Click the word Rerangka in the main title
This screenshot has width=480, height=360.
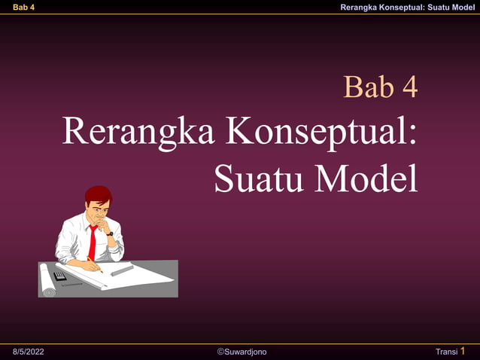click(140, 132)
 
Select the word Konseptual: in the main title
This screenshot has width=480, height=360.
click(322, 132)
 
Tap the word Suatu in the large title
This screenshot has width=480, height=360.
click(260, 178)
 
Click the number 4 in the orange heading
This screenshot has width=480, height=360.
click(409, 87)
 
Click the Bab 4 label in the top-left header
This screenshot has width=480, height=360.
click(23, 7)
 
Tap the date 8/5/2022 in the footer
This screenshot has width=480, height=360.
click(29, 352)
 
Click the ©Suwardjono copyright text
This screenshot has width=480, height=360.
click(242, 352)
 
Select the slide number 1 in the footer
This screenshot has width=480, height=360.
click(463, 351)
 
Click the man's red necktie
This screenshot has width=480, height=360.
click(93, 242)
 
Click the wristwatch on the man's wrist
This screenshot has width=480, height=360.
click(110, 233)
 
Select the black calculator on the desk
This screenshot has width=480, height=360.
click(60, 276)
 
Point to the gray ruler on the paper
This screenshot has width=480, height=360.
click(122, 270)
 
